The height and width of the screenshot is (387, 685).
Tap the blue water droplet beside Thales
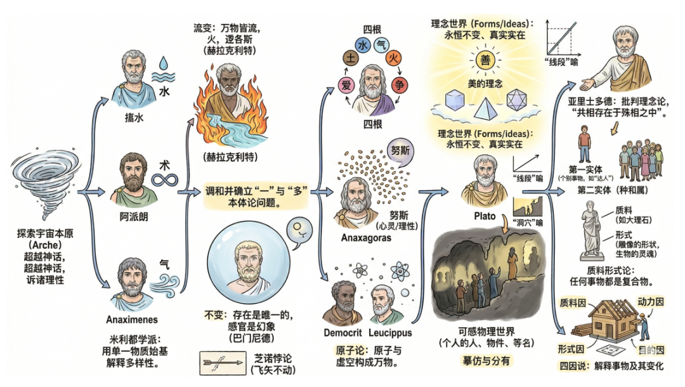coord(164,64)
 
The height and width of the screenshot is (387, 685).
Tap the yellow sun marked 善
coord(485,61)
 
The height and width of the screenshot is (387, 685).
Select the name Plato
coord(485,216)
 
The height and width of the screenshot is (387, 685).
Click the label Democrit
coord(342,332)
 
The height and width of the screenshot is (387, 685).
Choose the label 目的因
coord(650,350)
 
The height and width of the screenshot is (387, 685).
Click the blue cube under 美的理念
coord(456,102)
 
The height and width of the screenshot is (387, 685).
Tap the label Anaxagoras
coord(367,239)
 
